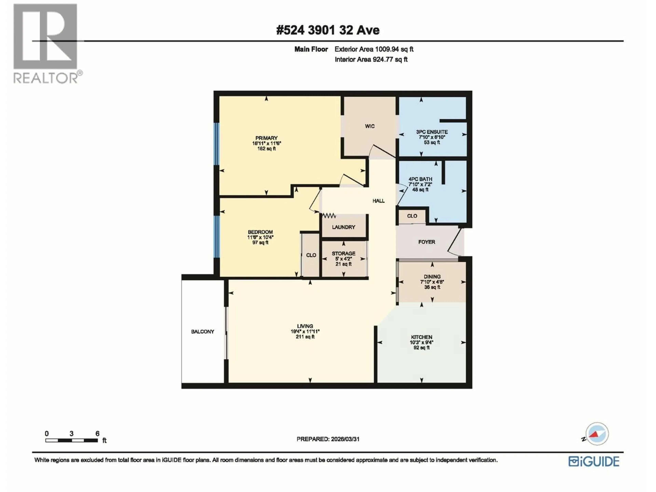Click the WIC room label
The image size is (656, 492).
pyautogui.click(x=370, y=126)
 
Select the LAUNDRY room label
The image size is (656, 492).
pyautogui.click(x=343, y=227)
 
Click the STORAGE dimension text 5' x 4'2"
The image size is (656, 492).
pyautogui.click(x=343, y=259)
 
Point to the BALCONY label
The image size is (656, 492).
pyautogui.click(x=203, y=332)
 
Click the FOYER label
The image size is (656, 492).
pyautogui.click(x=426, y=242)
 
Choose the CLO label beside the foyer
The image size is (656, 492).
pyautogui.click(x=412, y=216)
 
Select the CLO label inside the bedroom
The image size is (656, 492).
pyautogui.click(x=311, y=255)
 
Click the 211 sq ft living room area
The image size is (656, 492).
pyautogui.click(x=305, y=337)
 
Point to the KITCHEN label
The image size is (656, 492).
pyautogui.click(x=421, y=337)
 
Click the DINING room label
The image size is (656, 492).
pyautogui.click(x=432, y=276)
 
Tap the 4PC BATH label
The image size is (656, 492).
pyautogui.click(x=420, y=179)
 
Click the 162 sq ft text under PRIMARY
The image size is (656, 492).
pyautogui.click(x=266, y=149)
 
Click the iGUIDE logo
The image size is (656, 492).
pyautogui.click(x=593, y=461)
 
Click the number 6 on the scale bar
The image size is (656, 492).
pyautogui.click(x=97, y=434)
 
